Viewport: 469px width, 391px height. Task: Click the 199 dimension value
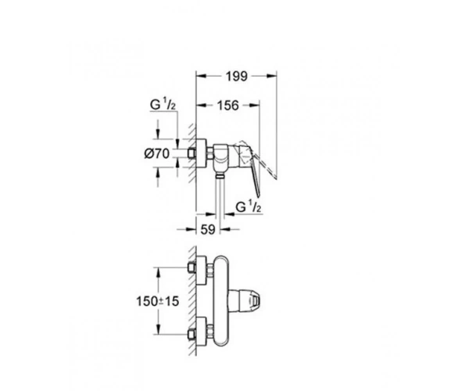pyautogui.click(x=237, y=77)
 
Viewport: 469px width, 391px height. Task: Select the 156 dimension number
pyautogui.click(x=228, y=106)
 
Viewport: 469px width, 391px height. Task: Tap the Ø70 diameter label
pyautogui.click(x=157, y=154)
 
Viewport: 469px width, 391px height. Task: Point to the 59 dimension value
pyautogui.click(x=208, y=229)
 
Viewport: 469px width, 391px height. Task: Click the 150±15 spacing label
pyautogui.click(x=158, y=301)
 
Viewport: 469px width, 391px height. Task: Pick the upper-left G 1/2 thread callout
pyautogui.click(x=163, y=105)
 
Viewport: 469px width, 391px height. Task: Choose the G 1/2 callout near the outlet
pyautogui.click(x=249, y=207)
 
